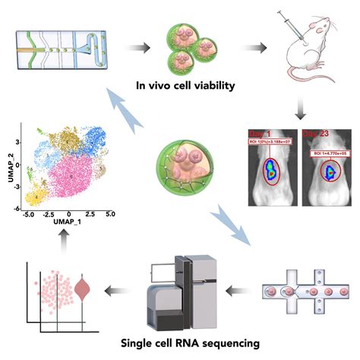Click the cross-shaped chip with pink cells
(x=300, y=292)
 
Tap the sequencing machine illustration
(x=185, y=284)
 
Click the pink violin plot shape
(x=84, y=292)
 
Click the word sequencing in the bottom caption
(x=226, y=344)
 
